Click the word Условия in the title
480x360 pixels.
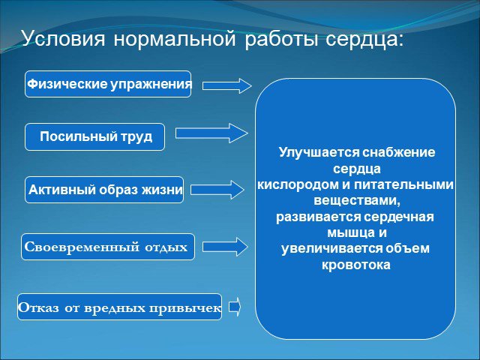coord(63,39)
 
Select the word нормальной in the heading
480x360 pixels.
coord(175,40)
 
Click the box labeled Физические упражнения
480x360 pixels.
coord(108,84)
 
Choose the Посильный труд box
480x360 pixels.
coord(95,136)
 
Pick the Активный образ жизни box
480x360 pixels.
coord(104,190)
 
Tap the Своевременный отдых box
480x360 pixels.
coord(108,247)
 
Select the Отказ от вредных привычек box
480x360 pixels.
coord(119,307)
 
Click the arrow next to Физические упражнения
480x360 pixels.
coord(226,85)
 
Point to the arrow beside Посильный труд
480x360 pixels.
coord(211,133)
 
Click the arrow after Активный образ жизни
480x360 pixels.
coord(217,190)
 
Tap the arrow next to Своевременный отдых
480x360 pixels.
coord(225,247)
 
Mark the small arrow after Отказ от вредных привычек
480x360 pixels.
coord(235,307)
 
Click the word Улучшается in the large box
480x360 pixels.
coord(319,152)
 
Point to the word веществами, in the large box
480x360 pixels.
coord(357,200)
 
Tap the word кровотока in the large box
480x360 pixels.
coord(356,265)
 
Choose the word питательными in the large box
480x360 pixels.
coord(403,184)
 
